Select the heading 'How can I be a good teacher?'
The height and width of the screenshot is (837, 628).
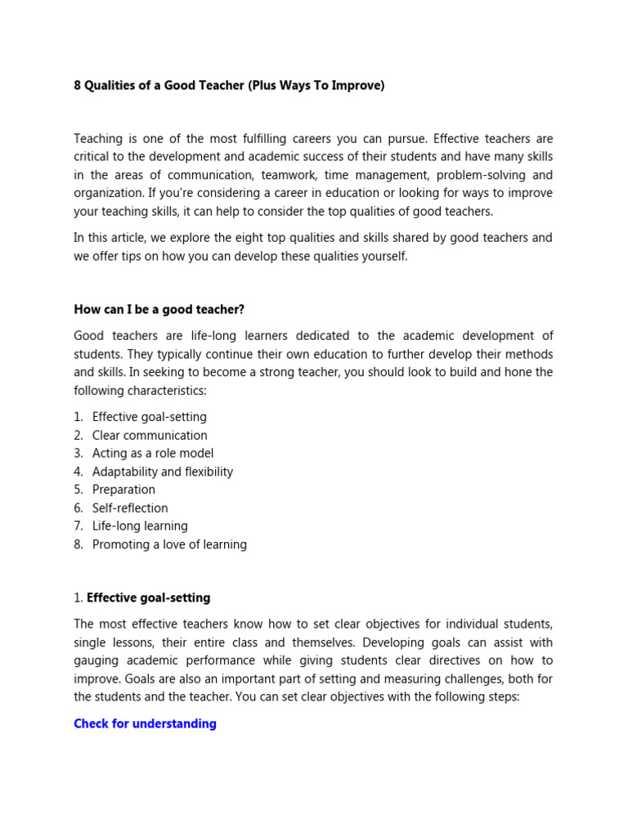[x=159, y=309]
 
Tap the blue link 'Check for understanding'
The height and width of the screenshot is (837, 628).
[x=145, y=723]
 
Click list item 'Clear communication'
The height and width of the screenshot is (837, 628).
[x=150, y=435]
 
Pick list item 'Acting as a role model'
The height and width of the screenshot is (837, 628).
[x=153, y=453]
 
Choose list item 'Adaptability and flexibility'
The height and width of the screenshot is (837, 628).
[x=163, y=472]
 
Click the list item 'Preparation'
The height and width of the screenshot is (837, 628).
[x=123, y=490]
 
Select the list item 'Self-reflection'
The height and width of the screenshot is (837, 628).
[x=130, y=508]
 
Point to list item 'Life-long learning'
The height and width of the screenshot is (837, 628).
[x=140, y=526]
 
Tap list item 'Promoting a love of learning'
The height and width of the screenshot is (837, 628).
[x=169, y=544]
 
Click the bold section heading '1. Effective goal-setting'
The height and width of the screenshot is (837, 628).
[x=142, y=598]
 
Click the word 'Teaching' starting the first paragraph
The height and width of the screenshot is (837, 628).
[x=100, y=139]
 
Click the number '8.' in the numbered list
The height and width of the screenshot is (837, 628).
[x=78, y=544]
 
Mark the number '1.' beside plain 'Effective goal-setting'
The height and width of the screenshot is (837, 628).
[x=78, y=417]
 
